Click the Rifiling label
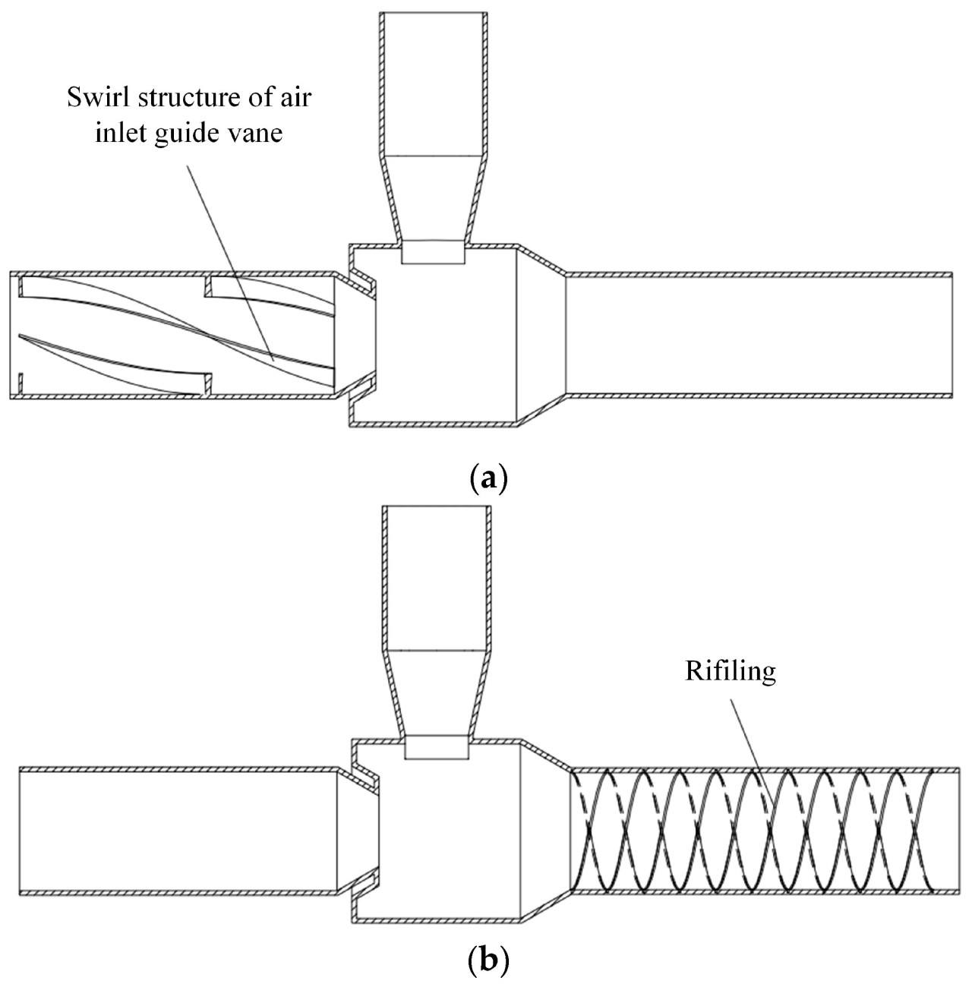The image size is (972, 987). [731, 671]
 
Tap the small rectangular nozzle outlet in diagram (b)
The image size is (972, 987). [437, 747]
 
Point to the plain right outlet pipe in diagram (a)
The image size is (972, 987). [759, 334]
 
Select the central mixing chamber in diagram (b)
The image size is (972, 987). [448, 835]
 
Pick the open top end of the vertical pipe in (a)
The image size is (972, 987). [433, 15]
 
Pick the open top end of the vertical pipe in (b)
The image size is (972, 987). [437, 509]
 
